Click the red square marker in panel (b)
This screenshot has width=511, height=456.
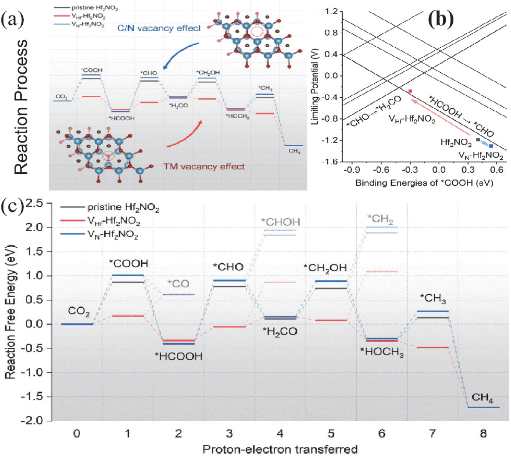tap(410, 91)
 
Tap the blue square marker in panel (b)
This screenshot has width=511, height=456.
tap(491, 146)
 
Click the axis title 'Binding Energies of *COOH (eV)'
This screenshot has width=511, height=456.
tap(424, 183)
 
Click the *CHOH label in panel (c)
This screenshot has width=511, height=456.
tap(281, 222)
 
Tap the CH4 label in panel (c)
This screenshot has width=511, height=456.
tap(483, 397)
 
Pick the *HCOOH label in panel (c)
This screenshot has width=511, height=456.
tap(178, 356)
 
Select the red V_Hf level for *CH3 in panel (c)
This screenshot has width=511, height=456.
tap(432, 347)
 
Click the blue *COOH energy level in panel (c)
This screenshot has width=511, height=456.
tap(128, 275)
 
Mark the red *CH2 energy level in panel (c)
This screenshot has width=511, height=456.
tap(381, 271)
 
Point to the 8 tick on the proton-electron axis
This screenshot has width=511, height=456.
tap(483, 434)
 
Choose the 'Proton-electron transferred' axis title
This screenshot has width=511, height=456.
tap(280, 449)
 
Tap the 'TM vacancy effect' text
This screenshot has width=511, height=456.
tap(204, 167)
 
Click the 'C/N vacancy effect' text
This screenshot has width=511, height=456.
tap(159, 28)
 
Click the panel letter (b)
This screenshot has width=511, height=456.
tap(441, 20)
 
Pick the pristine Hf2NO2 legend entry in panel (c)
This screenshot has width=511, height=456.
tap(110, 207)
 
